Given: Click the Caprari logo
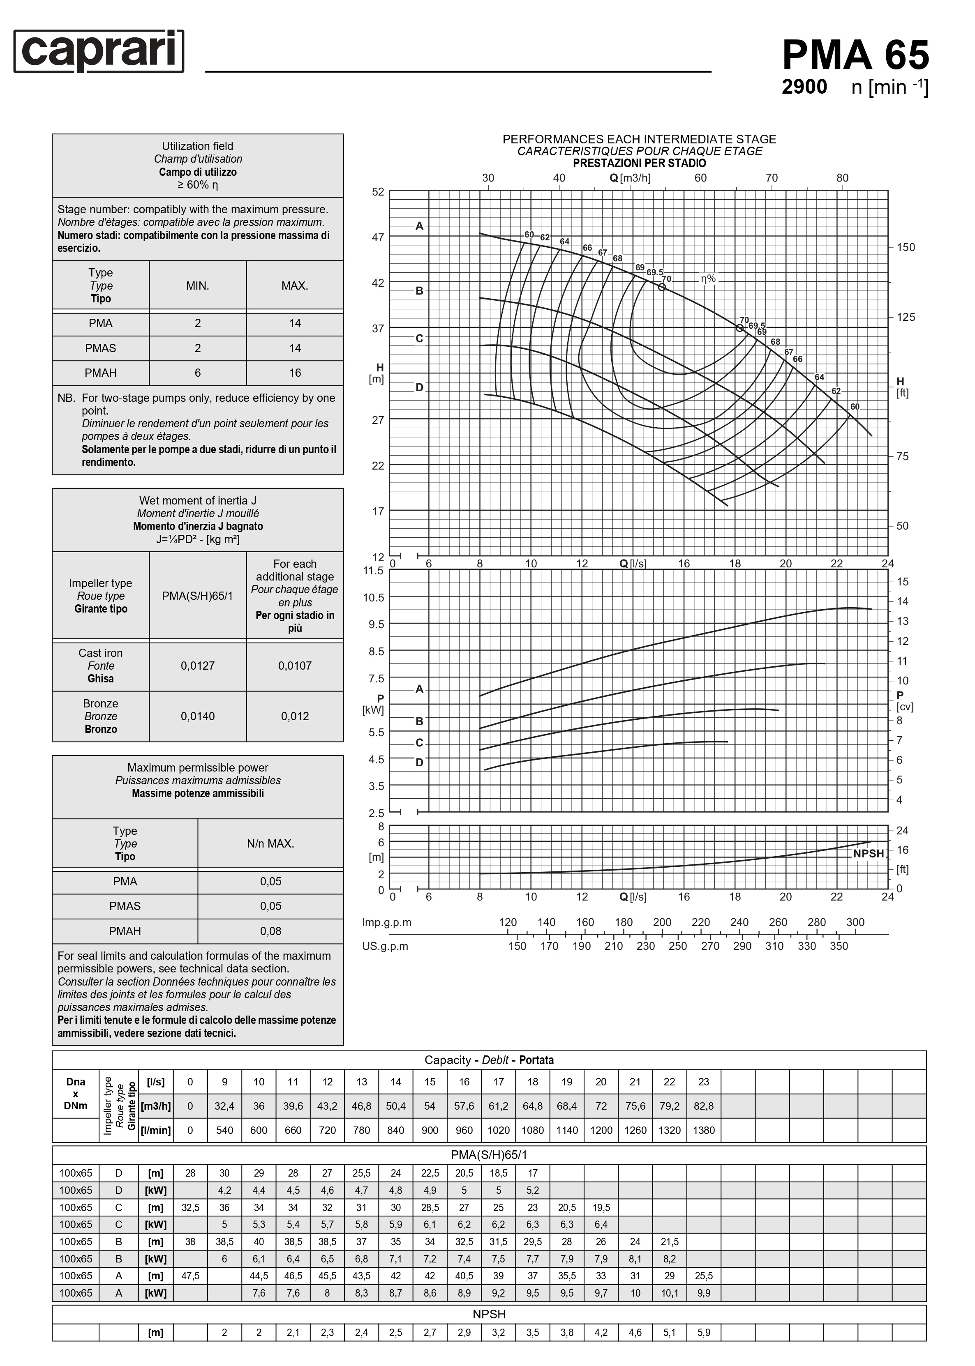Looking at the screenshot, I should (x=99, y=52).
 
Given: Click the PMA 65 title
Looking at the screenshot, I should (x=855, y=55).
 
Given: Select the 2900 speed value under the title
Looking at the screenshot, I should (x=804, y=88).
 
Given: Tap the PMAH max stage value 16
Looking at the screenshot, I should (x=295, y=373).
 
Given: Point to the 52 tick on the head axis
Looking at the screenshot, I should (x=378, y=192).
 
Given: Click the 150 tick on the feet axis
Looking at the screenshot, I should (x=906, y=247).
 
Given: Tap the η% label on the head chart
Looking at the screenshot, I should (x=708, y=279).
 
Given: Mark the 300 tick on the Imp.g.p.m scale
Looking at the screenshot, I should (x=855, y=922).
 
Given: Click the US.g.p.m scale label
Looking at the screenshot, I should (x=385, y=946).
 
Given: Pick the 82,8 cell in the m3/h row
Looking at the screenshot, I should (x=704, y=1106).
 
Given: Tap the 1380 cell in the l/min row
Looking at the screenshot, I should (x=704, y=1130).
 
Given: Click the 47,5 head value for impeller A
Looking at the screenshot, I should (x=190, y=1276).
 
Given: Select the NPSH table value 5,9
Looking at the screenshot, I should (x=704, y=1332).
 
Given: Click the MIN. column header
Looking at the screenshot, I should (x=198, y=286).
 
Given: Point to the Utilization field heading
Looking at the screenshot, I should (x=198, y=146).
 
